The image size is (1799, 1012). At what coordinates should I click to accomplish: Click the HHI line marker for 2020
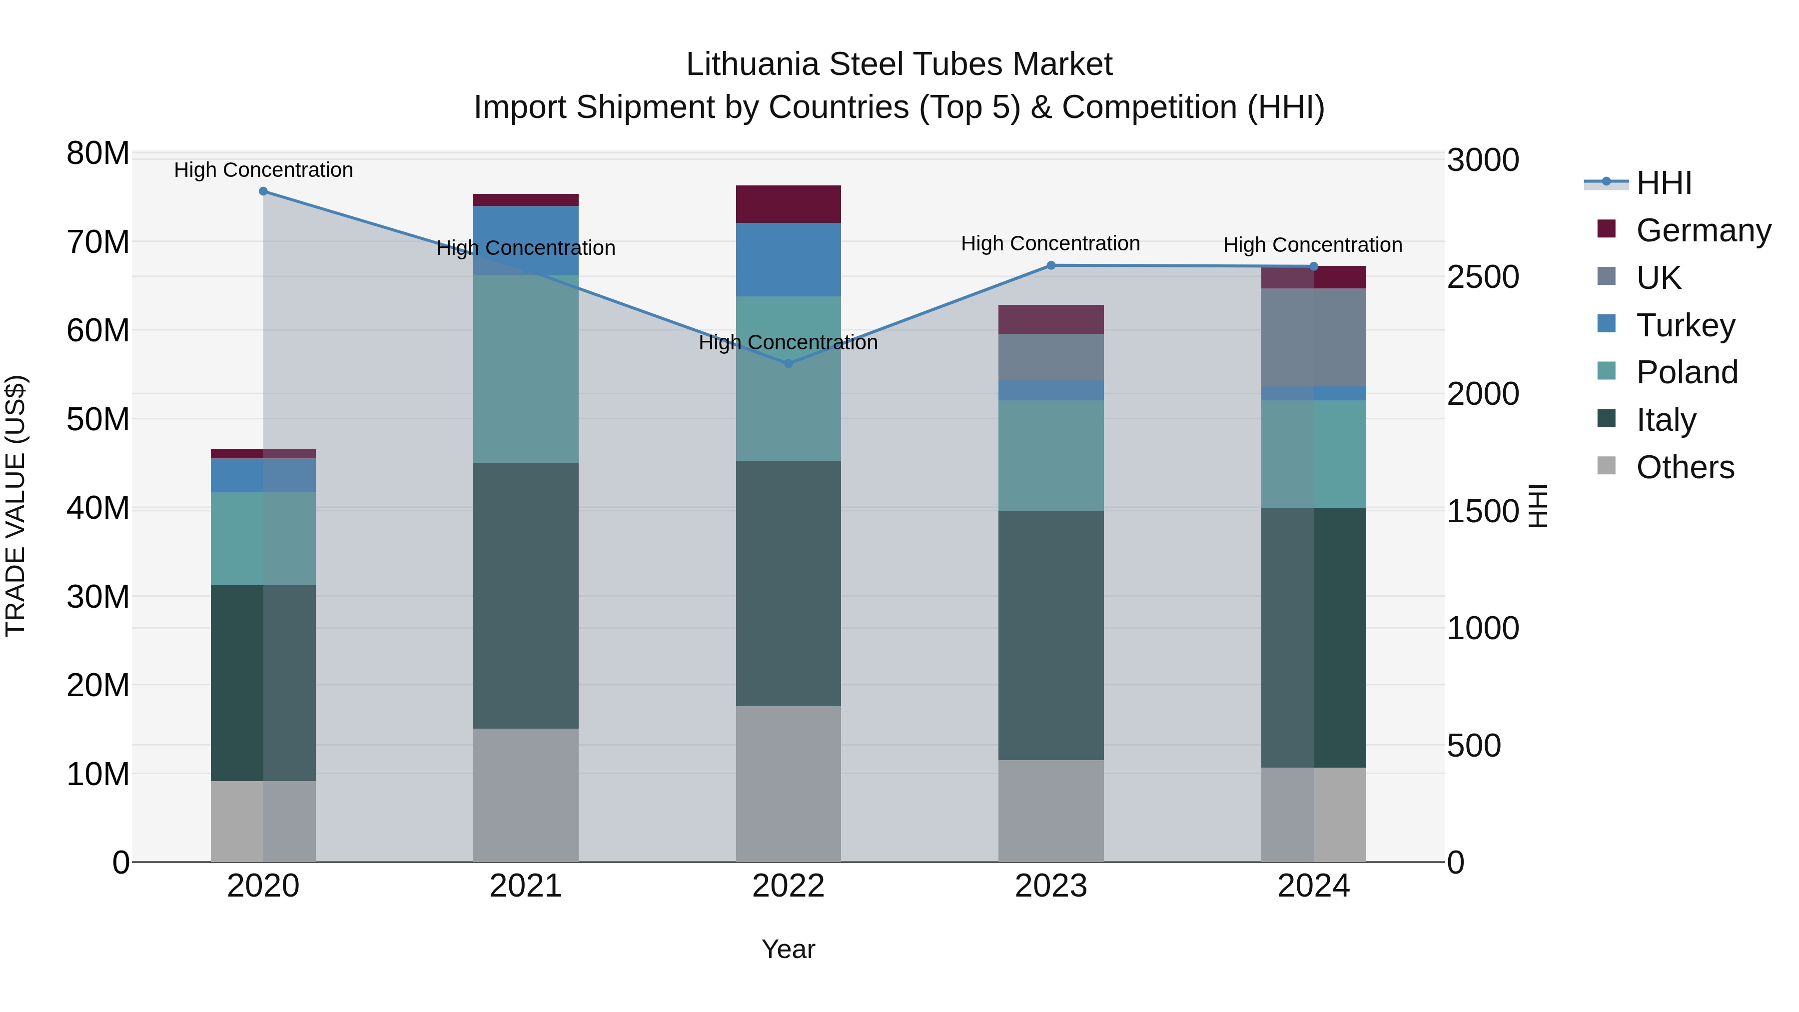263,191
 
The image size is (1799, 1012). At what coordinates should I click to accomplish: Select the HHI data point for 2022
789,363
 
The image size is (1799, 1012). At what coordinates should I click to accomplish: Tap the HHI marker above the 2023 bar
1051,265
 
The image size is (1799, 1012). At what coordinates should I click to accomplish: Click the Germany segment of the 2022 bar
789,204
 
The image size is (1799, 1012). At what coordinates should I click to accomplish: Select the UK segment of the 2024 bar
1314,337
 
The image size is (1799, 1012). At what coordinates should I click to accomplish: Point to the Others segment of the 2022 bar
789,783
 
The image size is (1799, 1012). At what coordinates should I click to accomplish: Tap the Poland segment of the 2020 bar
263,538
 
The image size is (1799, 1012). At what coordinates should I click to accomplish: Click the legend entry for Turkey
1685,325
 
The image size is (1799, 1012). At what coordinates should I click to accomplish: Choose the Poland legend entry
1687,372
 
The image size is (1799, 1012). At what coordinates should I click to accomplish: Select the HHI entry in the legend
1664,183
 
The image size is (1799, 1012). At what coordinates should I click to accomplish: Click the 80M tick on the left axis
98,153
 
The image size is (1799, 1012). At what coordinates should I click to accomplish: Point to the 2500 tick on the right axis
1482,277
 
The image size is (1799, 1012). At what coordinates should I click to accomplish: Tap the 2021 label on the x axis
526,886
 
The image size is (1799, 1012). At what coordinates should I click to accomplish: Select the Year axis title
789,949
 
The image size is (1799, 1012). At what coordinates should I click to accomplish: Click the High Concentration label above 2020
263,170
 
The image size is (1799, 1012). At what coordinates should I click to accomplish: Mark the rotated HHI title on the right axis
1539,506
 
